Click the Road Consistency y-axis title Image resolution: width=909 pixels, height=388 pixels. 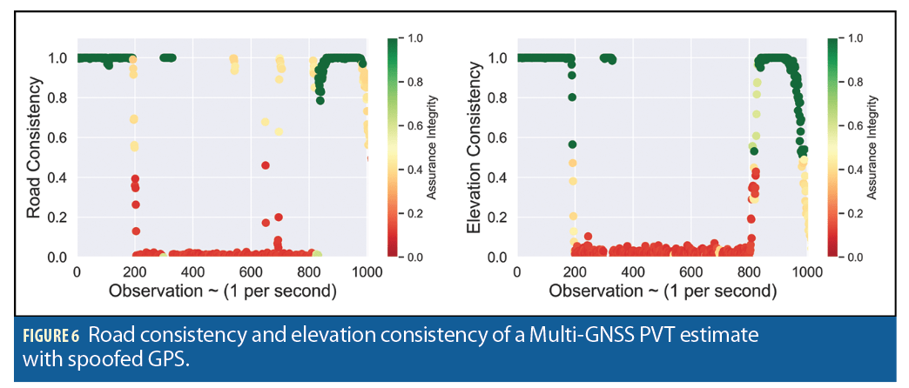click(33, 149)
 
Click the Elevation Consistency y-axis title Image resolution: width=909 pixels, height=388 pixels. click(474, 149)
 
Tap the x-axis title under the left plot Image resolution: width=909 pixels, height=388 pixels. click(221, 291)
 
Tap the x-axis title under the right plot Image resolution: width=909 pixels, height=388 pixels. click(662, 291)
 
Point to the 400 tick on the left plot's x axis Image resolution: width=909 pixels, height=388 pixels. click(192, 271)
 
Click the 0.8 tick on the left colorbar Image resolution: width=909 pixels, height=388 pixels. click(414, 82)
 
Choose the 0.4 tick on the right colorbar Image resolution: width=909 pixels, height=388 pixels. click(854, 170)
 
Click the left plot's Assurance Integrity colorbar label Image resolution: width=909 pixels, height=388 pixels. click(433, 148)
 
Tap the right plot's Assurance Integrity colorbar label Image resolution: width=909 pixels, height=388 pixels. click(873, 148)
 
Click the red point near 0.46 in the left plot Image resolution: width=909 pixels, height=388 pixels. click(266, 165)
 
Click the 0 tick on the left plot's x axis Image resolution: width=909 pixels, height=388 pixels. click(77, 271)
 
